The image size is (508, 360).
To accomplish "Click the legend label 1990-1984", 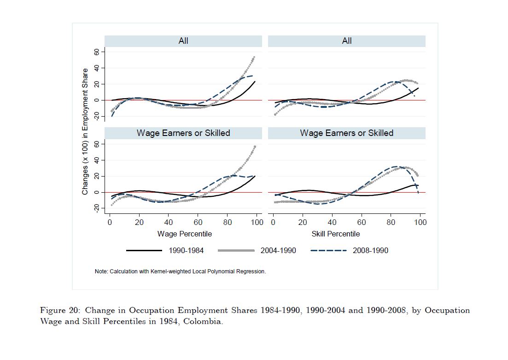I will pos(186,250).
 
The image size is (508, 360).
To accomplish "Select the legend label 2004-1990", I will pos(278,250).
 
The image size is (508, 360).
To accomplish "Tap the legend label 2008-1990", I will pos(370,250).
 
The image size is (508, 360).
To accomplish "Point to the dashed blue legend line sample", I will pos(328,250).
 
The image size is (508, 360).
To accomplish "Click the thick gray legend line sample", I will pos(236,250).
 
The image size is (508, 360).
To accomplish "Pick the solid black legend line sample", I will pos(144,250).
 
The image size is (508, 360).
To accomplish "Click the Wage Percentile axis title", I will pos(185,234).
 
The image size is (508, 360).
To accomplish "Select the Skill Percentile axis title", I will pos(336,234).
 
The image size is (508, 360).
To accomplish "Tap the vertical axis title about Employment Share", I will pos(85,131).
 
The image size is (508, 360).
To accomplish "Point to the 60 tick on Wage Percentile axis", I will pos(198,222).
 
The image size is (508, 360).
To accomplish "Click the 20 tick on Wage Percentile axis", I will pos(139,222).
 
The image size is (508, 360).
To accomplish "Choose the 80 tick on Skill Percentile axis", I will pos(391,222).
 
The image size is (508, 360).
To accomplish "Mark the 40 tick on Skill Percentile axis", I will pos(332,222).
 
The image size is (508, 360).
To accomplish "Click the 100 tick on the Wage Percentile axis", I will pos(257,222).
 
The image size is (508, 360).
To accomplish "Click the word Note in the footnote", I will pos(101,271).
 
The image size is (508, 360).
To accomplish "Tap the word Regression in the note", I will pos(252,271).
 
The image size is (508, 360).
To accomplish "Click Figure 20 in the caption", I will pos(60,310).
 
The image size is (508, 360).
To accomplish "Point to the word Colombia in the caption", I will pos(203,321).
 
